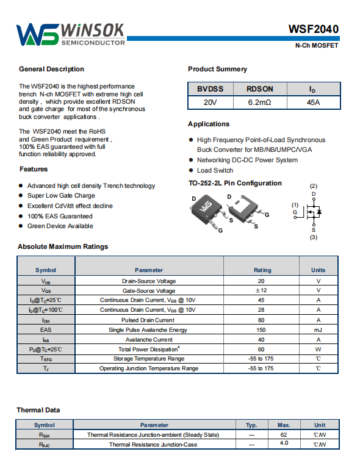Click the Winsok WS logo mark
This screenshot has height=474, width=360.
[37, 34]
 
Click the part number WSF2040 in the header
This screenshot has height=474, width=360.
[314, 29]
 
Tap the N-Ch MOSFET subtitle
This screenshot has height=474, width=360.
[317, 45]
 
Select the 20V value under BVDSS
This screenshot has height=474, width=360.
[210, 102]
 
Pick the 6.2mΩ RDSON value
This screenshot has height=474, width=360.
[260, 102]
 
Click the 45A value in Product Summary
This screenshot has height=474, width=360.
[313, 102]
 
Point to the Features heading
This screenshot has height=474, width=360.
[34, 169]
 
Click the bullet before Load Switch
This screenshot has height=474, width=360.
[191, 170]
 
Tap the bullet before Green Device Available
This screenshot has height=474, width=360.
[21, 226]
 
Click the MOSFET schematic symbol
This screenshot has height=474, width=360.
[311, 212]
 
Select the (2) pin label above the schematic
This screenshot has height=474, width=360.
[314, 186]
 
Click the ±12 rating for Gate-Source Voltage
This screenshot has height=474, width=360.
[261, 290]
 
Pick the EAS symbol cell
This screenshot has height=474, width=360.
[46, 330]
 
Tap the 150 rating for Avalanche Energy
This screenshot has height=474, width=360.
[261, 330]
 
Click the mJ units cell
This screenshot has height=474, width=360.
[318, 330]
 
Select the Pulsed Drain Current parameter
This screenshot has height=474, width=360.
[148, 320]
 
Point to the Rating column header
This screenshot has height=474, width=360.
[262, 270]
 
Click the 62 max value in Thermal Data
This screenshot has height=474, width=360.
[284, 435]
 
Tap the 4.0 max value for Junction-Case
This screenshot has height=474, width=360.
[284, 443]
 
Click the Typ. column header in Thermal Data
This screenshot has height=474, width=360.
[251, 425]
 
